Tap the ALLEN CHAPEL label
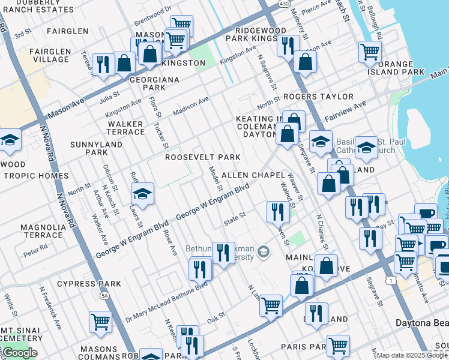(x=253, y=175)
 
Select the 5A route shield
(x=105, y=295)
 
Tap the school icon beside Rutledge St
(x=142, y=193)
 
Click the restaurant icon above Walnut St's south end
(x=277, y=211)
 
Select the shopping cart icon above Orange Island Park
(x=370, y=51)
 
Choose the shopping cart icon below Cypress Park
(x=100, y=321)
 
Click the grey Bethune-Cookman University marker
(x=262, y=252)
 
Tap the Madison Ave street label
(x=190, y=107)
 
